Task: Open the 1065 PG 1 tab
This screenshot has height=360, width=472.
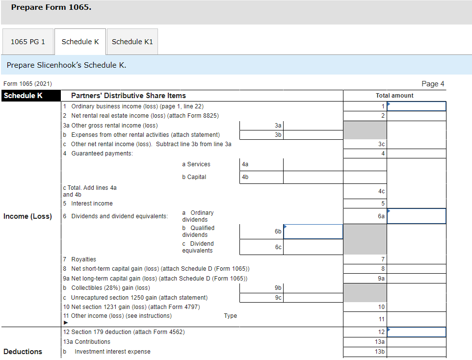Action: tap(28, 42)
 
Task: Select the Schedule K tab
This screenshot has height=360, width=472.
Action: tap(80, 42)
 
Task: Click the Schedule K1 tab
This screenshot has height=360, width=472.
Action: tap(132, 42)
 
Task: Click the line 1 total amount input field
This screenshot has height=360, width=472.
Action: tap(416, 106)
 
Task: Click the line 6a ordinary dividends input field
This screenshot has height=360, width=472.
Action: tap(416, 216)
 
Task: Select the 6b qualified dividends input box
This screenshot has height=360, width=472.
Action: tap(313, 231)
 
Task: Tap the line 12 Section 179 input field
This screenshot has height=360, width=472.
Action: tap(416, 332)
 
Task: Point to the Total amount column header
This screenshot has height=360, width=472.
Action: tap(394, 96)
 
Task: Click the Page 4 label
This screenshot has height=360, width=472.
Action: tap(432, 84)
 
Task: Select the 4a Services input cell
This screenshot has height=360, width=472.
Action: tap(313, 164)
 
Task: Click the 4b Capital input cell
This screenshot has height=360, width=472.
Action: tap(313, 177)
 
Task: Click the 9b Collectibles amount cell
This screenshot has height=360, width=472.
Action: tap(313, 288)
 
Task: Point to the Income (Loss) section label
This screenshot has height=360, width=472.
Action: tap(27, 217)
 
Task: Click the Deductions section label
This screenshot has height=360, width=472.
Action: tap(23, 352)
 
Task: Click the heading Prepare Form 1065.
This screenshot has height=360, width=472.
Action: tap(51, 8)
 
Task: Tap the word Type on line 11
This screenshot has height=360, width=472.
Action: tap(230, 316)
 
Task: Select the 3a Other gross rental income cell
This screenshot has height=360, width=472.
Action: tap(313, 126)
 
